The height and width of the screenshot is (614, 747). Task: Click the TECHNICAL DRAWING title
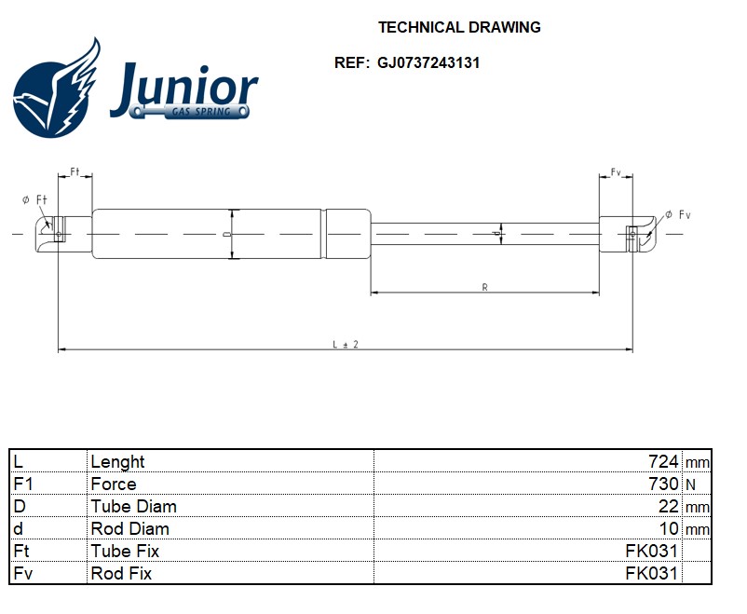point(459,27)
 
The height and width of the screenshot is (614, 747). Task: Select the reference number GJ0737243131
point(428,63)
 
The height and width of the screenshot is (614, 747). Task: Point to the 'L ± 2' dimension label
point(346,344)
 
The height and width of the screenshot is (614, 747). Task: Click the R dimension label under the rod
point(484,287)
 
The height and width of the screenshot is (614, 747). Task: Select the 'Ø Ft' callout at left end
point(35,200)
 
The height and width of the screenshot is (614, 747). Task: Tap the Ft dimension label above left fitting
point(75,173)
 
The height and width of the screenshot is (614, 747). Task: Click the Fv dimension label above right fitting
point(616,173)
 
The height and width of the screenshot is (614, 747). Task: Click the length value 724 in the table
point(663,462)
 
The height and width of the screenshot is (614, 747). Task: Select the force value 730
point(663,484)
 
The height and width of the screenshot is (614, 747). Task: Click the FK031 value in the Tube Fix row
point(652,552)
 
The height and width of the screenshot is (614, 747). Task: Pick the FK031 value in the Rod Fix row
point(652,574)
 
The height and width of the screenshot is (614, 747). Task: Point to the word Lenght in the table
point(117,462)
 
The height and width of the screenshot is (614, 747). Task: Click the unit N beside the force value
point(690,484)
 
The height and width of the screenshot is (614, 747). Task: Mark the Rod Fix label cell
point(121,574)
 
